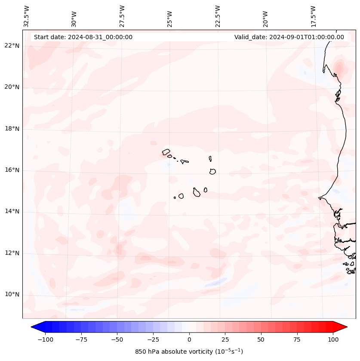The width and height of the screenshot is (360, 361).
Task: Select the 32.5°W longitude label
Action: click(x=27, y=16)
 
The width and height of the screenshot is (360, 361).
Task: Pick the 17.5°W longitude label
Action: click(x=314, y=16)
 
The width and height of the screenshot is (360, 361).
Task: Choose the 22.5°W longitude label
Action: click(x=218, y=16)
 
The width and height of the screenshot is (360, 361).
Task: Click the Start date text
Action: click(x=83, y=37)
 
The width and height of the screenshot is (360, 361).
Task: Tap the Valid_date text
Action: click(x=289, y=37)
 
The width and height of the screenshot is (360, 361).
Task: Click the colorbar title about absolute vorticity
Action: click(x=189, y=352)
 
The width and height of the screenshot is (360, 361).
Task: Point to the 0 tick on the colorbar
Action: click(x=189, y=339)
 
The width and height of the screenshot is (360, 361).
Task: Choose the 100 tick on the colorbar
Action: click(x=333, y=339)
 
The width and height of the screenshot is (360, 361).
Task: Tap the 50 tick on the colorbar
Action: click(x=261, y=339)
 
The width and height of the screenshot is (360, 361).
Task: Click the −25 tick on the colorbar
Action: click(x=153, y=339)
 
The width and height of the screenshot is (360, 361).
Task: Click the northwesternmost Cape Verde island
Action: click(x=166, y=151)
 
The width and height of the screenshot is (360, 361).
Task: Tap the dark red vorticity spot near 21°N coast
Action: click(x=339, y=68)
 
